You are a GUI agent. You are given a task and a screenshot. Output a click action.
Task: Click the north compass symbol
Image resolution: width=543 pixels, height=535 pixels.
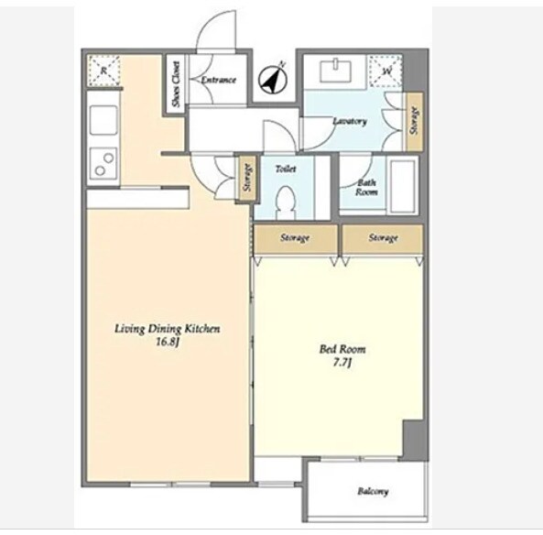273,79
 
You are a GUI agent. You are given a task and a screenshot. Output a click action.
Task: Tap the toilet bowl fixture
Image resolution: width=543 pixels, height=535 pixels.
286,202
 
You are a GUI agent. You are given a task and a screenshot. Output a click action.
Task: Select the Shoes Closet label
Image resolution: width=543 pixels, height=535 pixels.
176,84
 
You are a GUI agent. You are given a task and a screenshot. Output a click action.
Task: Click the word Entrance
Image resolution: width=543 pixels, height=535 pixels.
219,80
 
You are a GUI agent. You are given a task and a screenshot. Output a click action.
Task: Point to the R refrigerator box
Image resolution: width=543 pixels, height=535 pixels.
103,71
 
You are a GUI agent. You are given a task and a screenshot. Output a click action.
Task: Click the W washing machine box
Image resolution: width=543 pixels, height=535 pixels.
386,71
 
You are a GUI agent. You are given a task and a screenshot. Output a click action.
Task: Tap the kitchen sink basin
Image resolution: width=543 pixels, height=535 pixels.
103,120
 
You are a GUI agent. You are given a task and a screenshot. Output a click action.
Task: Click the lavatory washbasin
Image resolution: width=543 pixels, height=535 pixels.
335,71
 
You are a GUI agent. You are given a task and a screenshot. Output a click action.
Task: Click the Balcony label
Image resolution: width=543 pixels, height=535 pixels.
373,491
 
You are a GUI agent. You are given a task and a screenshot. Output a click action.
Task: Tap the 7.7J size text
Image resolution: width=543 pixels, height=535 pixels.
342,363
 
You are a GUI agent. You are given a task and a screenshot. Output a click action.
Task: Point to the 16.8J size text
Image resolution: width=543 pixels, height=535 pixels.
168,343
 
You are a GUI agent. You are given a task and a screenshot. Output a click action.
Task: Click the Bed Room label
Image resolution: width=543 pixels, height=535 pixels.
342,349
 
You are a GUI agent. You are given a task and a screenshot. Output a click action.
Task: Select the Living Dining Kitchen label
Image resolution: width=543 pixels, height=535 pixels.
168,329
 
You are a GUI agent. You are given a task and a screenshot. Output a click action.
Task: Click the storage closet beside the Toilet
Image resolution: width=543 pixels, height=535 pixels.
247,178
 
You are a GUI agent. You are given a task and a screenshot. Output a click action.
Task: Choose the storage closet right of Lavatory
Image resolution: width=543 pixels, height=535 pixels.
415,122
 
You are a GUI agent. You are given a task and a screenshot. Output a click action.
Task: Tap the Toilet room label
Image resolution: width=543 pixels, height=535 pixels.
286,169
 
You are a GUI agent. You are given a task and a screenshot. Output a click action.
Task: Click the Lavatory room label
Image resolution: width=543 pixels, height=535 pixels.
350,121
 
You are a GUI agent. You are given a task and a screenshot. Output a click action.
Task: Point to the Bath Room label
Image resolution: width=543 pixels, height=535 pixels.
366,187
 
